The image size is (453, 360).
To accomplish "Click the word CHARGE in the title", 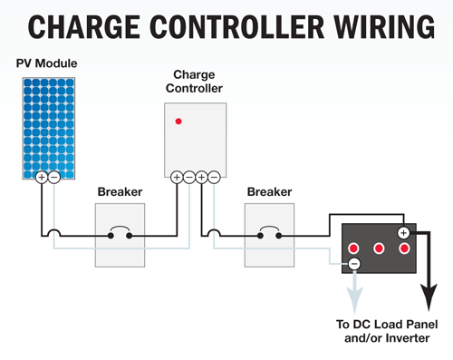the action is (x=84, y=27).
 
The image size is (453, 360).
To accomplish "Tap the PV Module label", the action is (x=46, y=63).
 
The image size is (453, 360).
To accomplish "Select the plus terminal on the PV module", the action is (x=42, y=177).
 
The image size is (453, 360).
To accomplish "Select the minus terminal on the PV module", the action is (x=54, y=177).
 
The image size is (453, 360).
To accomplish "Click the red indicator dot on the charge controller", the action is (x=178, y=122).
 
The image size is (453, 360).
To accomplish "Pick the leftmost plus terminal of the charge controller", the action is (x=177, y=177).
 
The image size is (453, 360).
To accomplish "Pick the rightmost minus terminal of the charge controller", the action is (x=214, y=177).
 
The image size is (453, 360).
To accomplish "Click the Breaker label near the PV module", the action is (x=120, y=192).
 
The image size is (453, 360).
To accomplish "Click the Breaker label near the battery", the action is (x=269, y=192).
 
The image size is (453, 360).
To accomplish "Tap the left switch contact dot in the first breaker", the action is (x=111, y=236).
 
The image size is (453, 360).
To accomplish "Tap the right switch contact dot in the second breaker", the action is (x=279, y=236).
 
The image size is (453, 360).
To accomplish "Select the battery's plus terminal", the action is (x=404, y=233).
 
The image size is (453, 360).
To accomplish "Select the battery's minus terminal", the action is (x=354, y=264).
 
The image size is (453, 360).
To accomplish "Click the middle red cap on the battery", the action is (x=379, y=248).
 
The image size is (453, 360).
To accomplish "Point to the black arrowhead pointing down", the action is (x=429, y=297).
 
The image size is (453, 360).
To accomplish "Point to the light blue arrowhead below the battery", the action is (x=354, y=300).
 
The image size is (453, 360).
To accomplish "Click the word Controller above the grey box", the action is (x=194, y=88).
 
